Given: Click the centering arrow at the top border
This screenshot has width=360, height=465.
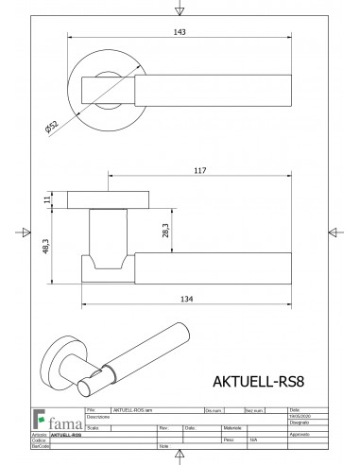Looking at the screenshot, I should click(180, 10).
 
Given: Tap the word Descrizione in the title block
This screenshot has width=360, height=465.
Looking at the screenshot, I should click(100, 417).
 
